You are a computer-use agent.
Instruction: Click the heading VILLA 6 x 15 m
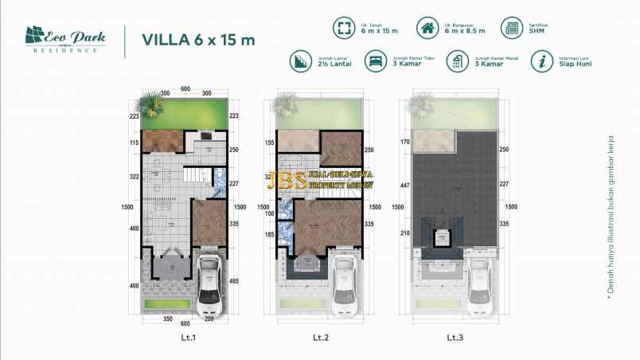coord(198,40)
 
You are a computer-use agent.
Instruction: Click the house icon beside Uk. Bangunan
coord(428,29)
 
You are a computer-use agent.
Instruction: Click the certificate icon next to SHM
coord(511,29)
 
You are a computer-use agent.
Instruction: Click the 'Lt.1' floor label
coord(189,337)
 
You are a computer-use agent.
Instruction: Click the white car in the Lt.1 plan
coord(208,282)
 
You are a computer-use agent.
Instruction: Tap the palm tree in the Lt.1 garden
coord(150,102)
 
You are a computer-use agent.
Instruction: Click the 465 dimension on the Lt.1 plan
coord(234,281)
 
